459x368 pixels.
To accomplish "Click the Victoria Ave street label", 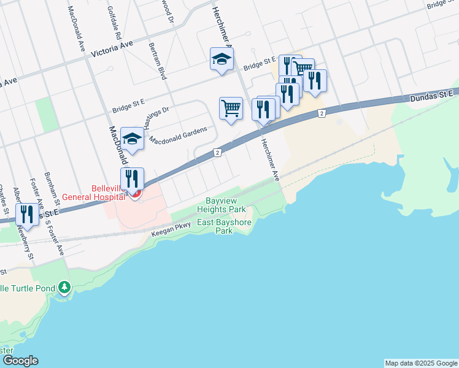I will tap(112, 50).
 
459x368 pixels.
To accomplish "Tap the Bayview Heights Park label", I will tap(221, 205).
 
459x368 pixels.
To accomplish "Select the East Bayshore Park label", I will tap(223, 226).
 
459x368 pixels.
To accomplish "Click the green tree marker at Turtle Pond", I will tap(64, 287).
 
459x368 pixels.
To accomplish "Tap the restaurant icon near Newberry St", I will tap(27, 214).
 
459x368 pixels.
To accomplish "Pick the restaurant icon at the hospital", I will tap(132, 178).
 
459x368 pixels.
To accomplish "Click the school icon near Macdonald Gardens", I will tap(132, 139).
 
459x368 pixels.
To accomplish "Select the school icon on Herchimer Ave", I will tap(222, 59).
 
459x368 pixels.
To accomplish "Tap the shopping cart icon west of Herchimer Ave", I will tap(231, 109).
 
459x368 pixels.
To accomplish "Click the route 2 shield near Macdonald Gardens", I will tap(217, 153).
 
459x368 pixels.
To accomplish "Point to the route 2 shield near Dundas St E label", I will tap(322, 113).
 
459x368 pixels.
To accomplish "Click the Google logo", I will tap(20, 361).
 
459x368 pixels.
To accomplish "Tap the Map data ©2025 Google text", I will tap(421, 363).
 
